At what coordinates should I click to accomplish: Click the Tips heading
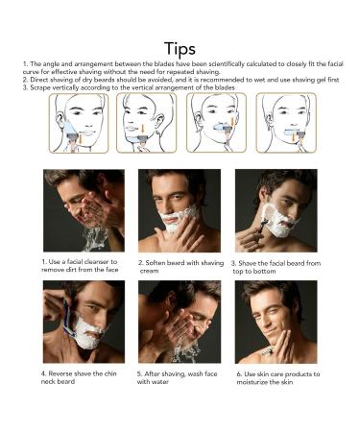click(x=180, y=49)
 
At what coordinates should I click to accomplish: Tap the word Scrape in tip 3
click(x=38, y=87)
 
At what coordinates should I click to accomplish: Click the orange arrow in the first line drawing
click(x=81, y=140)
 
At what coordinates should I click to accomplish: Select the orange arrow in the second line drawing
click(x=142, y=129)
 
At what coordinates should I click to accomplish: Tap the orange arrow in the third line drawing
click(x=231, y=123)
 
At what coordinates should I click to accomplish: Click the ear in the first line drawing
click(x=60, y=119)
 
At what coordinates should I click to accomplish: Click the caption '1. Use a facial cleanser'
click(x=80, y=266)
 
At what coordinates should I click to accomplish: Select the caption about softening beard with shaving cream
click(x=180, y=267)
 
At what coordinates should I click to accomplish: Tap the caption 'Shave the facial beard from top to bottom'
click(x=276, y=267)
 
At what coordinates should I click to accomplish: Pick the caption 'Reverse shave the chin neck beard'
click(x=79, y=377)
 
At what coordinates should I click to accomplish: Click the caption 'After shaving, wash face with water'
click(x=177, y=377)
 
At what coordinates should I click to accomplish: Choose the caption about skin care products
click(x=278, y=378)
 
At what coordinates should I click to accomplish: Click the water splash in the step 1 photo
click(x=95, y=238)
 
